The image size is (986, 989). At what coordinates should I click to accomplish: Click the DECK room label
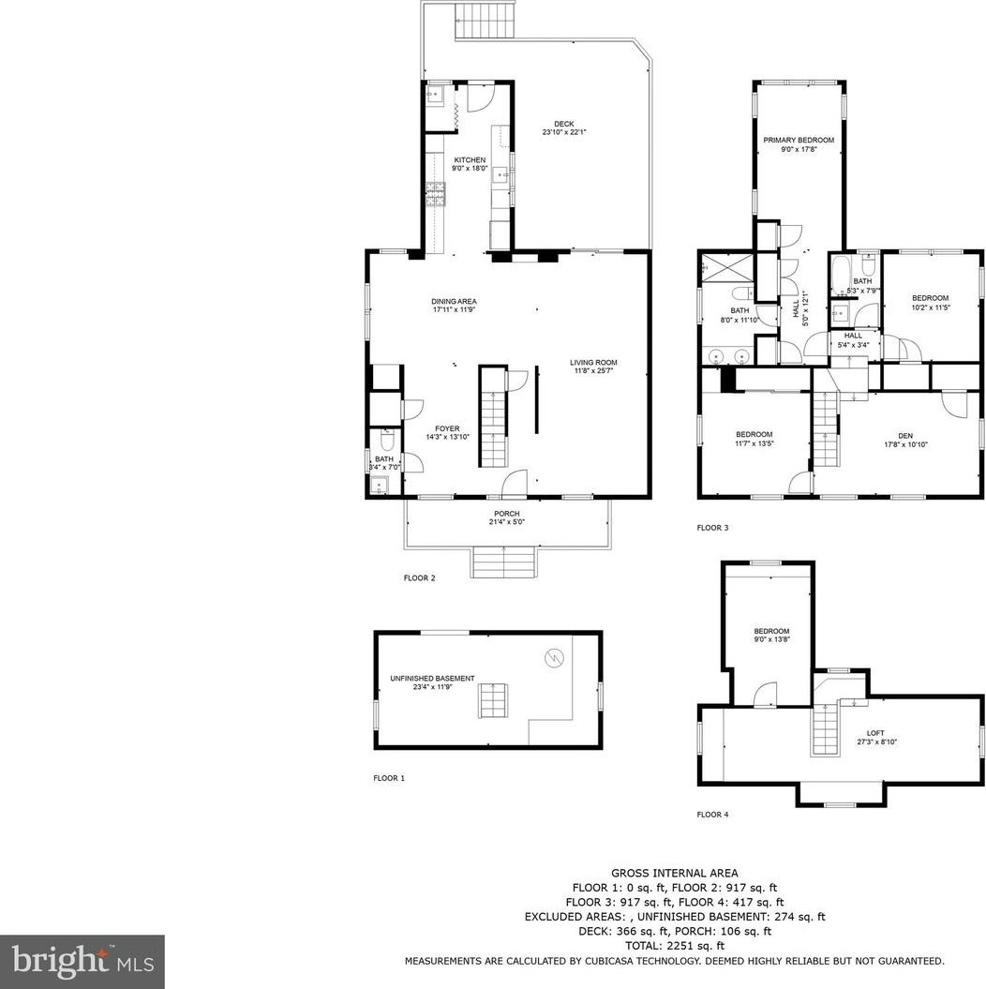564,124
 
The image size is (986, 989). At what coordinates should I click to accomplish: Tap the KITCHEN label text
471,160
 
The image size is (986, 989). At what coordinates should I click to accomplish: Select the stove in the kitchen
436,194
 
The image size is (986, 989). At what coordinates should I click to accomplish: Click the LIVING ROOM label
593,363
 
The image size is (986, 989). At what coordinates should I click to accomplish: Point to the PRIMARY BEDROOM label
799,140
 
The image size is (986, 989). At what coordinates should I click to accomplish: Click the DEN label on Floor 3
905,436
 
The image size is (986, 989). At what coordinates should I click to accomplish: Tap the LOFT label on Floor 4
875,733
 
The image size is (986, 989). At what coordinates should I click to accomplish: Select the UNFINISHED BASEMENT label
432,679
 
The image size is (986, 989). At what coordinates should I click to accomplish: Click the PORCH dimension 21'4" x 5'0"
507,522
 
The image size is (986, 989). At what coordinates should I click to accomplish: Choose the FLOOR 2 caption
419,577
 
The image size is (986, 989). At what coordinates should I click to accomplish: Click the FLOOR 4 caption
712,815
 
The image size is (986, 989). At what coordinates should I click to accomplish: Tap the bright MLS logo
82,961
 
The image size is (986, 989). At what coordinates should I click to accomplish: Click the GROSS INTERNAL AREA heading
675,874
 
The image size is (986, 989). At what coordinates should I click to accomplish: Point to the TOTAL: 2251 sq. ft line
675,946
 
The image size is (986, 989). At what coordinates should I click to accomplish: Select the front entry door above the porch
515,485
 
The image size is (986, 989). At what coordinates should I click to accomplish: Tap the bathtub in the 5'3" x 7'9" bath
841,275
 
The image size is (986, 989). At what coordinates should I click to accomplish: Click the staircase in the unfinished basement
493,700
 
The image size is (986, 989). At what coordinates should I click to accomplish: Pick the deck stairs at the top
486,21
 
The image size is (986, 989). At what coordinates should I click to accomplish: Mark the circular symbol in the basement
554,658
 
